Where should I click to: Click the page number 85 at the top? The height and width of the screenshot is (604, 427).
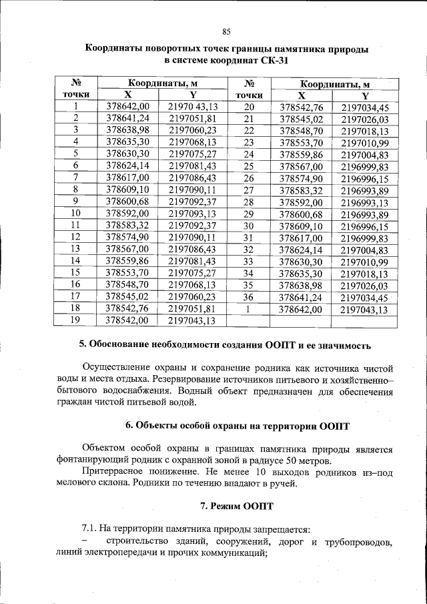point(226,31)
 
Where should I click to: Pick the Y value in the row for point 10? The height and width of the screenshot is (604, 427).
point(192,213)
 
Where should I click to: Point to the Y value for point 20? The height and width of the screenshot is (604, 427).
point(364,107)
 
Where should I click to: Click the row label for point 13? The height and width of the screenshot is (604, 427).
point(75,248)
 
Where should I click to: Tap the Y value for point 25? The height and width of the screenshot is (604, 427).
point(364,166)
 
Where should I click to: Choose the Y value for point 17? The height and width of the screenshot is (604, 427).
point(192,296)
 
